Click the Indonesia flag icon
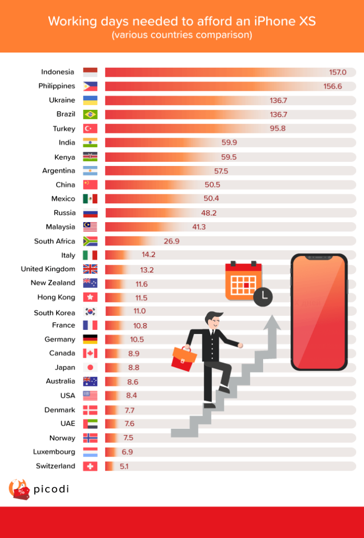[90, 72]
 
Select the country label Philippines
[57, 86]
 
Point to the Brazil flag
[90, 115]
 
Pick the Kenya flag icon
[90, 157]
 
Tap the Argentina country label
[59, 171]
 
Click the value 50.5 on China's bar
[212, 185]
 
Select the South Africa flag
[90, 241]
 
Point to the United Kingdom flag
[90, 269]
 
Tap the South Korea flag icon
[90, 312]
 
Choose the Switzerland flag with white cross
[90, 466]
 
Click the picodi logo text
[51, 490]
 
